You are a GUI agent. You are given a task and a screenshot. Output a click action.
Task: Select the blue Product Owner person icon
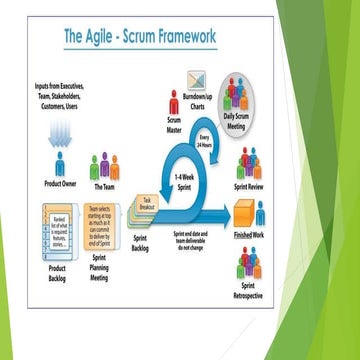pyautogui.click(x=61, y=162)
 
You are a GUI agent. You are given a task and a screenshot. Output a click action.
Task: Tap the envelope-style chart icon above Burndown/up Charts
pyautogui.click(x=197, y=78)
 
